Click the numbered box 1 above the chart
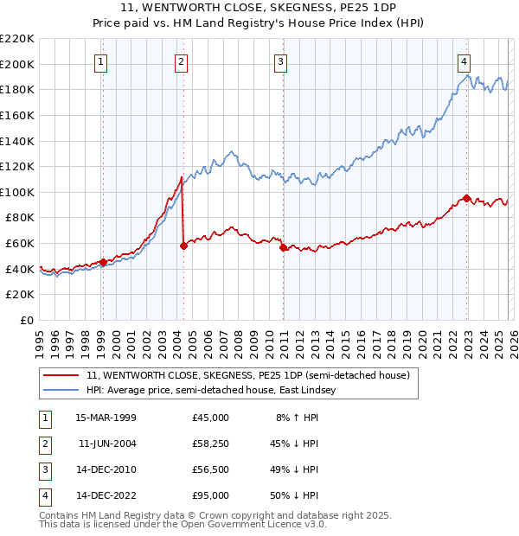[102, 61]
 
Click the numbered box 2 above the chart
[182, 61]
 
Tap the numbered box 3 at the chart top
[281, 61]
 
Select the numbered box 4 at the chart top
[465, 61]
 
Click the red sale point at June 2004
[183, 246]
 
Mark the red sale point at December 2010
[284, 247]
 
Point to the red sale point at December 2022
[467, 198]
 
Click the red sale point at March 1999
[103, 262]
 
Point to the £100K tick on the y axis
[17, 192]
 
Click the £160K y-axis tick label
[17, 115]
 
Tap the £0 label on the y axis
[28, 320]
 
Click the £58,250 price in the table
[211, 443]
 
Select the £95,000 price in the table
[211, 495]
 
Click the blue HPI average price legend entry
[210, 391]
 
